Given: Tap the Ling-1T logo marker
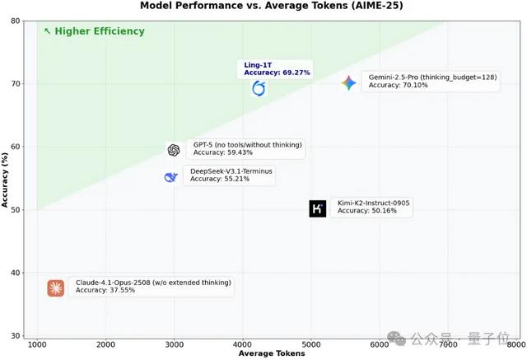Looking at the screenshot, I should (x=259, y=88).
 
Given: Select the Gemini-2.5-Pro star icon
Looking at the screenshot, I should (x=348, y=82).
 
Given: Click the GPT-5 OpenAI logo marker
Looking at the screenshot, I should (x=173, y=150).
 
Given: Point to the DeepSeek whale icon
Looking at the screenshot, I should (x=170, y=177).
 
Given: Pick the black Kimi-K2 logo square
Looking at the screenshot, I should (x=318, y=208).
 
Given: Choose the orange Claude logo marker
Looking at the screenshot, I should (x=55, y=288).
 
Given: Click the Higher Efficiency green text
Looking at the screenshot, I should (x=99, y=31).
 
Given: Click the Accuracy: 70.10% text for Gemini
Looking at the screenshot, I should (x=398, y=85).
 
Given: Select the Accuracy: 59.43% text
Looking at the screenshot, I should (x=222, y=152).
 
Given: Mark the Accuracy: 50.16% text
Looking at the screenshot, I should (x=366, y=211).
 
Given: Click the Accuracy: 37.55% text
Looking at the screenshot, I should (x=105, y=290).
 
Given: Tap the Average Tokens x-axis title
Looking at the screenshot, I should (x=271, y=353).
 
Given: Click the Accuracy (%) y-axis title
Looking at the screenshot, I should (x=6, y=179).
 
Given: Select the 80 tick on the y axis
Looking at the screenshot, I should (x=16, y=21).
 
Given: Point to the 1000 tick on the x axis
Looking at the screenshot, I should (x=37, y=344).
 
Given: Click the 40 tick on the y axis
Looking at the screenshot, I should (x=16, y=273).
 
